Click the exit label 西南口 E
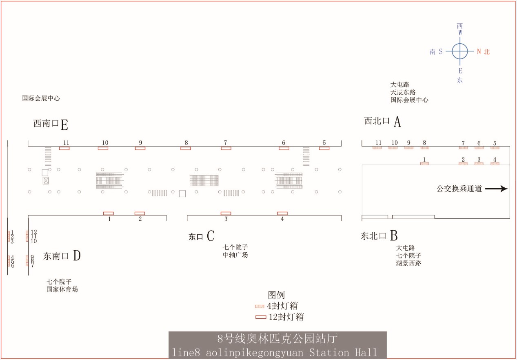click(51, 124)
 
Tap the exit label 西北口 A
click(382, 122)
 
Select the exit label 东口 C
click(202, 236)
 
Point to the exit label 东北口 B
click(379, 236)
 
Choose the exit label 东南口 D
click(62, 256)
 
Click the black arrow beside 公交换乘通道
click(496, 189)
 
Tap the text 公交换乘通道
click(459, 189)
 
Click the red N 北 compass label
click(483, 51)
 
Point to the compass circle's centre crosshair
click(460, 51)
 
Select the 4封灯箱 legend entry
click(277, 306)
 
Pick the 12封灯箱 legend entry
click(280, 317)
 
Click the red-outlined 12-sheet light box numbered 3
click(226, 213)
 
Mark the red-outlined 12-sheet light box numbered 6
click(284, 149)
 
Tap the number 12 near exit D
click(34, 232)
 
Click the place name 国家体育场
click(62, 289)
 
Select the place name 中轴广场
click(235, 255)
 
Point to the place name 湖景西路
click(408, 263)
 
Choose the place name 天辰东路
click(403, 92)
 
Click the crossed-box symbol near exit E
click(46, 180)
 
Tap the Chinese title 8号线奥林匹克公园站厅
click(277, 338)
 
